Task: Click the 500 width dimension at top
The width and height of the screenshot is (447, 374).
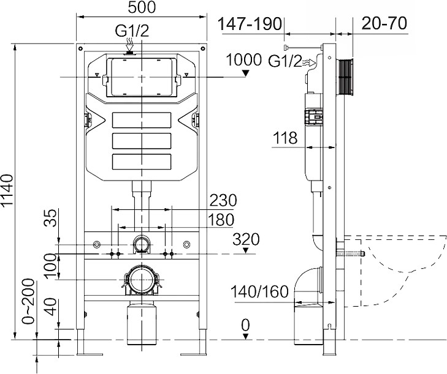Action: point(141,8)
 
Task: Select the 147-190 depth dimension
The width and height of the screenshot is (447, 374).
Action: point(250,24)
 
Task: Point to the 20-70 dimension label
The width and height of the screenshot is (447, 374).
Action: point(385,24)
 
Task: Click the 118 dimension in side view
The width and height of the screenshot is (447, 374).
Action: point(286,139)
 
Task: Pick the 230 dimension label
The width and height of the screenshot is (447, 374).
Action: point(223,201)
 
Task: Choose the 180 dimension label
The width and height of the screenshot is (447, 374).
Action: point(221,219)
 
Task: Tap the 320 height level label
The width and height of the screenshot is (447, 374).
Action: point(246,239)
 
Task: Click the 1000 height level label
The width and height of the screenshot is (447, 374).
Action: point(243,60)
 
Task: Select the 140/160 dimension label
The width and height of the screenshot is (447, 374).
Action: point(260,292)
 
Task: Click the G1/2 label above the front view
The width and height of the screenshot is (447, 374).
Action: point(132,31)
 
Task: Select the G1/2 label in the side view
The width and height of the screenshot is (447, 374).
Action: point(285,61)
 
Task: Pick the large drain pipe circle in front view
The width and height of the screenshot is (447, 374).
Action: point(141,282)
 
